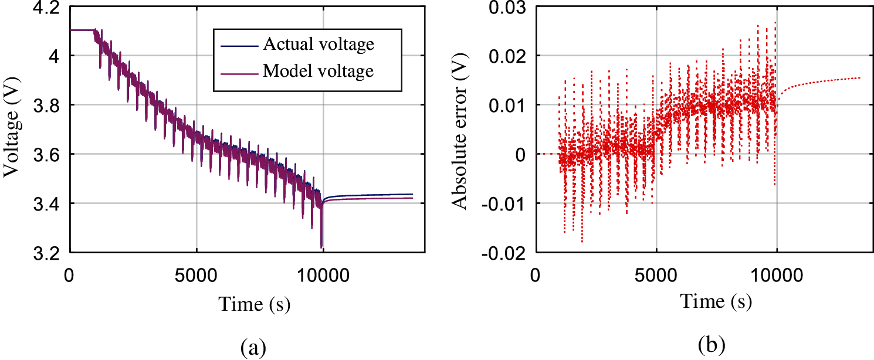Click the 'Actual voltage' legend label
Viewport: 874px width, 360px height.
(x=319, y=44)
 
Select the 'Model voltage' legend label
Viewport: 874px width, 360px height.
(x=318, y=72)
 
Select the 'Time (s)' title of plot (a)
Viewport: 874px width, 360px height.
(x=255, y=304)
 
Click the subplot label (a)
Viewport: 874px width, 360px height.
(x=253, y=348)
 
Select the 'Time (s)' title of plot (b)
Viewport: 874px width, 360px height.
(x=716, y=301)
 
